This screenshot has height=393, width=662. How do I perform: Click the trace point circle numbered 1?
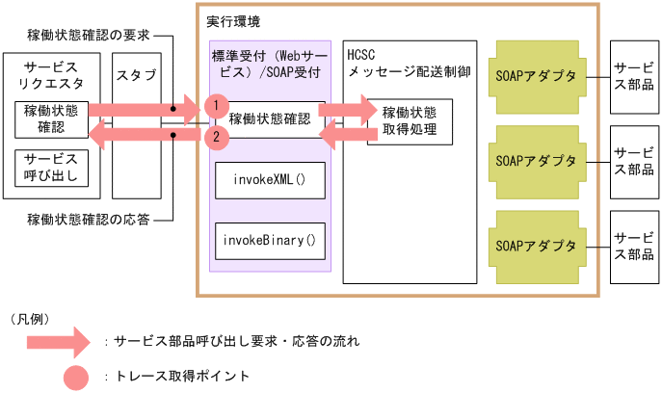point(219,105)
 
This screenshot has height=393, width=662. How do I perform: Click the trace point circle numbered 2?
point(219,138)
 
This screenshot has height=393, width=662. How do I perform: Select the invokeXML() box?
point(269,180)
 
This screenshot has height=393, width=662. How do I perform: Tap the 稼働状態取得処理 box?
point(409,120)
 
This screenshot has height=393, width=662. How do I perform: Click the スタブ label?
point(136,75)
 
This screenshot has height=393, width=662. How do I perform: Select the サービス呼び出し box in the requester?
point(51,168)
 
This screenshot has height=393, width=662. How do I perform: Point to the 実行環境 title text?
point(232,20)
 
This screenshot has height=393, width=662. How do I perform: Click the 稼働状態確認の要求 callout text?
point(89,37)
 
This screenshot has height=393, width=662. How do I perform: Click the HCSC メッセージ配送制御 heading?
point(409,65)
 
